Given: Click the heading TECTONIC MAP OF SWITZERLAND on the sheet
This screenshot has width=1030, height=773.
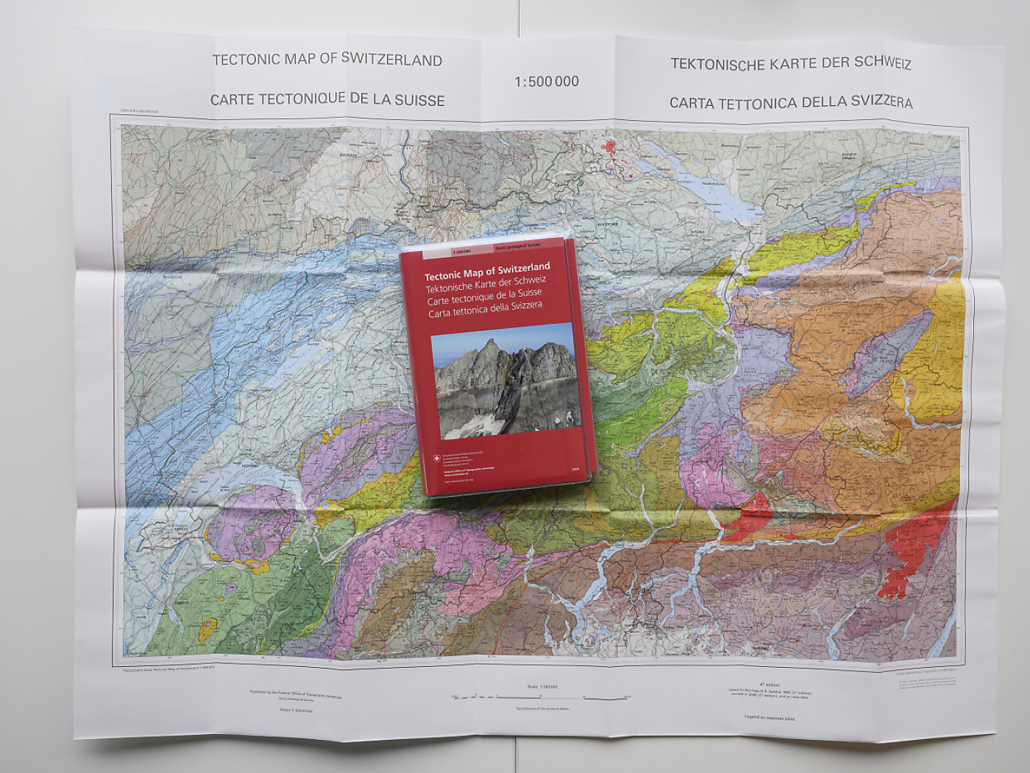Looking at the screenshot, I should pyautogui.click(x=327, y=60).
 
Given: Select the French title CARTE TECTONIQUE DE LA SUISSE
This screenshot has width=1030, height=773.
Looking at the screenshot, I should pyautogui.click(x=327, y=99).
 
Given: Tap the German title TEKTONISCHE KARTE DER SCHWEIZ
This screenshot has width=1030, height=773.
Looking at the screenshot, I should pyautogui.click(x=791, y=64).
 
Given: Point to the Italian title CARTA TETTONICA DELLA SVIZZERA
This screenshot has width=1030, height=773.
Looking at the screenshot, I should pyautogui.click(x=791, y=102).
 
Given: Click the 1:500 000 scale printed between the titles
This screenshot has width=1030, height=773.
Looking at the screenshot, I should pyautogui.click(x=547, y=82).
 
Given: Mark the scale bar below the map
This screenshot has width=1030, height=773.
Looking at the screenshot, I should pyautogui.click(x=541, y=696).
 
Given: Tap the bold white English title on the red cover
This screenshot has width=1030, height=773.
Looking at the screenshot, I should pyautogui.click(x=487, y=270).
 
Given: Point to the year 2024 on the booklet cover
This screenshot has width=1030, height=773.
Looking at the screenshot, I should pyautogui.click(x=575, y=468).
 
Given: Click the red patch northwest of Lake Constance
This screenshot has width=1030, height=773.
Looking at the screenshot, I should pyautogui.click(x=609, y=148).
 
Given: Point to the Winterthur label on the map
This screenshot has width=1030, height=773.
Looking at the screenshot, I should pyautogui.click(x=608, y=223).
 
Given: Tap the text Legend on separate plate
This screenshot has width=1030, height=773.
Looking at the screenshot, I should pyautogui.click(x=770, y=716).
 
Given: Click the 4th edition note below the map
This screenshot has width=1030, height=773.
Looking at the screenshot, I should pyautogui.click(x=770, y=685).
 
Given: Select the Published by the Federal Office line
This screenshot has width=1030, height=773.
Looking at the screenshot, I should pyautogui.click(x=296, y=693).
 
